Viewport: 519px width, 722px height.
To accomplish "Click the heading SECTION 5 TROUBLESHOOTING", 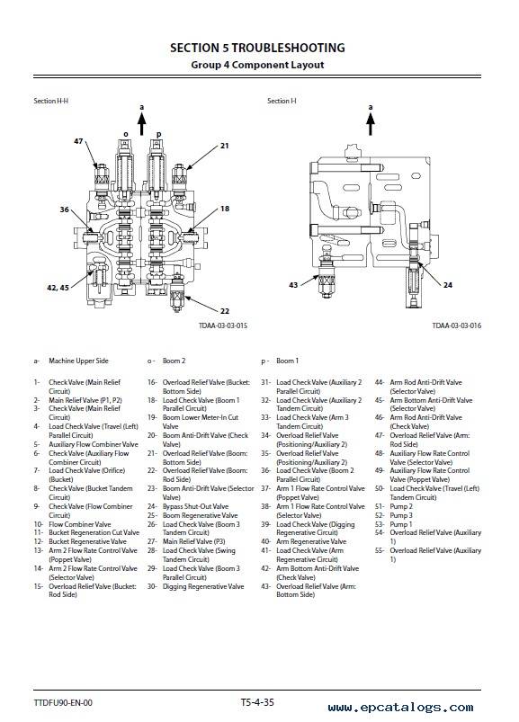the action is pyautogui.click(x=257, y=48).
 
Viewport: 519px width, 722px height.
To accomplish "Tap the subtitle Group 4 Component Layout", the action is pyautogui.click(x=257, y=65).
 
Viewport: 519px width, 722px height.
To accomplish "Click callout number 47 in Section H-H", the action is pyautogui.click(x=78, y=141).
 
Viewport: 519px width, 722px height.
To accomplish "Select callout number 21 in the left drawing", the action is pyautogui.click(x=224, y=146).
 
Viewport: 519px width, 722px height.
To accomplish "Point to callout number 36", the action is pyautogui.click(x=64, y=209).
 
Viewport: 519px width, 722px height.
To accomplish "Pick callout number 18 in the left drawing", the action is pyautogui.click(x=225, y=209).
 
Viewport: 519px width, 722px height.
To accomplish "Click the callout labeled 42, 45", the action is pyautogui.click(x=58, y=288).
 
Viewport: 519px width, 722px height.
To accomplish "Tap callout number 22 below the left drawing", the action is pyautogui.click(x=225, y=311).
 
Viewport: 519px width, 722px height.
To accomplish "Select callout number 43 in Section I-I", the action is pyautogui.click(x=293, y=285).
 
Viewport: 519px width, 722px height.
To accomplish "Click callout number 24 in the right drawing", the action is pyautogui.click(x=448, y=285).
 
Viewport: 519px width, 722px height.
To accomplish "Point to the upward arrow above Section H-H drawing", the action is pyautogui.click(x=142, y=124).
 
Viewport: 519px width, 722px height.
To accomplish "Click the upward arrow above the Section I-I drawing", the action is pyautogui.click(x=371, y=124).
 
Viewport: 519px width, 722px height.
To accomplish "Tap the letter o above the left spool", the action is pyautogui.click(x=126, y=135).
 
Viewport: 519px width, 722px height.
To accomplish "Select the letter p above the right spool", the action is pyautogui.click(x=159, y=135).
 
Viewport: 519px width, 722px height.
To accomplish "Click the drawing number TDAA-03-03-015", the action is pyautogui.click(x=223, y=325).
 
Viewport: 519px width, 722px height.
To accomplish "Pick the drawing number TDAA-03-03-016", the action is pyautogui.click(x=456, y=325).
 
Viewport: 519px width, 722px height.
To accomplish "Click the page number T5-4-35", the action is pyautogui.click(x=257, y=702).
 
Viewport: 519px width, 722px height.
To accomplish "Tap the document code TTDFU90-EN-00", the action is pyautogui.click(x=63, y=702).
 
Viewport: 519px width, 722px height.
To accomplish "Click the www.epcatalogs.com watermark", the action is pyautogui.click(x=400, y=708).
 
